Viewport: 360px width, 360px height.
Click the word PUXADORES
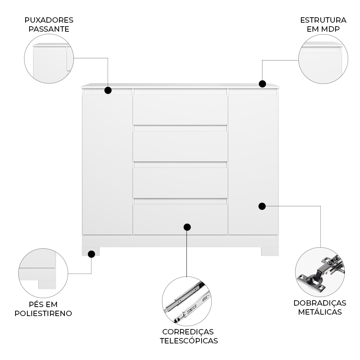[49, 20]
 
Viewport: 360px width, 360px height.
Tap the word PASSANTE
[49, 29]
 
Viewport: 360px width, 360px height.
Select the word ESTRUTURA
[323, 20]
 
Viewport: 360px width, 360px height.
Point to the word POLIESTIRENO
[43, 314]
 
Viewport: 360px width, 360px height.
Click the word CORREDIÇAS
[188, 332]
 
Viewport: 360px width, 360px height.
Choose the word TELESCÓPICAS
[189, 341]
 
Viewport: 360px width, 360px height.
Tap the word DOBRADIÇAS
[320, 303]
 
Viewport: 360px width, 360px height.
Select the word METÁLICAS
[320, 312]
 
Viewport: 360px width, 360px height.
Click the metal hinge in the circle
[320, 273]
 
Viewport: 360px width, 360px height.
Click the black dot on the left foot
[91, 254]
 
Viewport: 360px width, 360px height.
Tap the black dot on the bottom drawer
[187, 227]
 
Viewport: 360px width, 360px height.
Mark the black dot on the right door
[262, 206]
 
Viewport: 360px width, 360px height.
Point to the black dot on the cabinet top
[262, 84]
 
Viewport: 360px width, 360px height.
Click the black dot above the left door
[108, 90]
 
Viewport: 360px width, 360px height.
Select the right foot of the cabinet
[270, 251]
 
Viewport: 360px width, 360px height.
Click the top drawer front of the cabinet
[180, 109]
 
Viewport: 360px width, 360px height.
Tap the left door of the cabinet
[107, 165]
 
